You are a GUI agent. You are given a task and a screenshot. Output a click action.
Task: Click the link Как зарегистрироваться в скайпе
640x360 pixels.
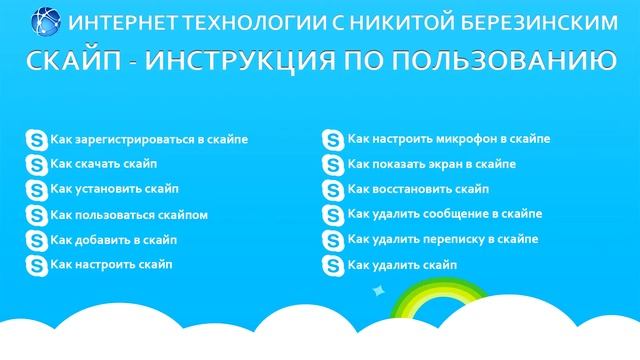pos(148,140)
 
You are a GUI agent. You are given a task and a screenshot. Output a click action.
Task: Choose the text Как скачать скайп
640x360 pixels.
pos(103,164)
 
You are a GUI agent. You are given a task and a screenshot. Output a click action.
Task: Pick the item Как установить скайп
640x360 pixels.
pos(113,189)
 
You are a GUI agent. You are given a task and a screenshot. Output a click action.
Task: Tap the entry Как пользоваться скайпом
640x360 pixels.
pos(128,214)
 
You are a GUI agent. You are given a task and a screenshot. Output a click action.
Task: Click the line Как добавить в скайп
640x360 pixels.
pos(112,239)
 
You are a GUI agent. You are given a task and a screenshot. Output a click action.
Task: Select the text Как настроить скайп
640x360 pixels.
pos(110,264)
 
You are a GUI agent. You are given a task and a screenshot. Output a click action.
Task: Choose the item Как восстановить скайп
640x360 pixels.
pos(416,188)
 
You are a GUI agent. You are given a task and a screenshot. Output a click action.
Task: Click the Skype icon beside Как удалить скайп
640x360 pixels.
pos(333,266)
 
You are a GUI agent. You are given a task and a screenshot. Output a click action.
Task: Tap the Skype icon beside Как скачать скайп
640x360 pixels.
pos(36,165)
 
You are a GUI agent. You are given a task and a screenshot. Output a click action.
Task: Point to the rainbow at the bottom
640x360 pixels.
pos(440,300)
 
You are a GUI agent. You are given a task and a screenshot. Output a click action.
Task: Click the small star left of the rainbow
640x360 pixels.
pos(378,291)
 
